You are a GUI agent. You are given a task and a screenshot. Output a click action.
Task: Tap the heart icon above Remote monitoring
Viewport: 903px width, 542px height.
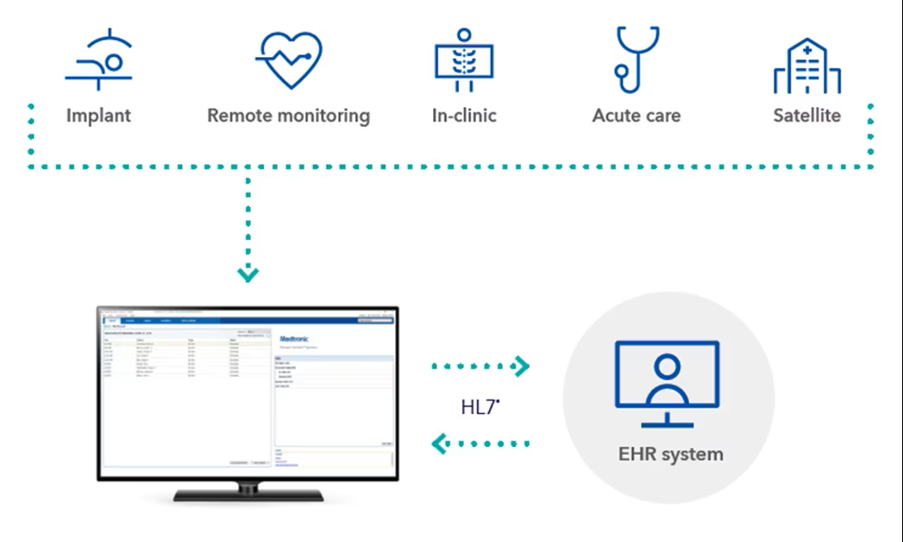(x=289, y=60)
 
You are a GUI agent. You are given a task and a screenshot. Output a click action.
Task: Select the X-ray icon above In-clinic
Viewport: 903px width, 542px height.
(x=464, y=62)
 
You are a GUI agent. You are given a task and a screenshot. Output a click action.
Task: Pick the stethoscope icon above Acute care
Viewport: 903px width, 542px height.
(x=636, y=59)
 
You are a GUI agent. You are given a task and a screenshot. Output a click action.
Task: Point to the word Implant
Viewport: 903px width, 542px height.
(x=98, y=115)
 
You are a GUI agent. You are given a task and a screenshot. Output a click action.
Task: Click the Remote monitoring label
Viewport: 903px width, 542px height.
(x=288, y=115)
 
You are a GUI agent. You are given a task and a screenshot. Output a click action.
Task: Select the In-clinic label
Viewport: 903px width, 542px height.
(x=464, y=115)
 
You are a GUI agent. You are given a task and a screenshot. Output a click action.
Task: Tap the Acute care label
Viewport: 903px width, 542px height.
(x=636, y=115)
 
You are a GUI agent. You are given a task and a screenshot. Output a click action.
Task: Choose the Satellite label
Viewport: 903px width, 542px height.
(x=806, y=115)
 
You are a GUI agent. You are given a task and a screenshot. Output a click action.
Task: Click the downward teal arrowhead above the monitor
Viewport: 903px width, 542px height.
(x=248, y=275)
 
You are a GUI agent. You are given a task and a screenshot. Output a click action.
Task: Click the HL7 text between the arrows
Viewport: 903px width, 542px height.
(x=479, y=406)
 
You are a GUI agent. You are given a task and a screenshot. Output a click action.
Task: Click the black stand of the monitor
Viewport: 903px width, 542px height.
(x=248, y=494)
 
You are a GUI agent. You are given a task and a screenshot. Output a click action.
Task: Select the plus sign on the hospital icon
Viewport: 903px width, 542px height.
(x=807, y=51)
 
